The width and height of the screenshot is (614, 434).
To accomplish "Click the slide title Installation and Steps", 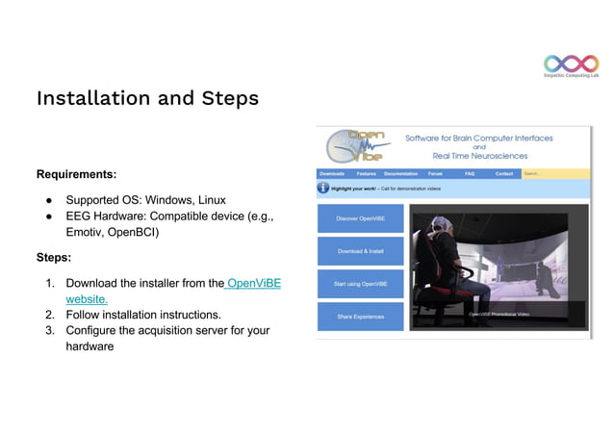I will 147,98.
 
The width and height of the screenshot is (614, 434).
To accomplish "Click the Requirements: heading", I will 77,174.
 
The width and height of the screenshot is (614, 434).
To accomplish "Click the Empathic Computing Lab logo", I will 571,66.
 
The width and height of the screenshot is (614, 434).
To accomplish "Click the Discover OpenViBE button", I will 361,218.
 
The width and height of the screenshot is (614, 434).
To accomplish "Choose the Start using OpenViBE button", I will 361,284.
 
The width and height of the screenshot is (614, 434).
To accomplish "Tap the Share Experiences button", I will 361,317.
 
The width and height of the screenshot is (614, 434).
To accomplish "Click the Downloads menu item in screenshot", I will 332,174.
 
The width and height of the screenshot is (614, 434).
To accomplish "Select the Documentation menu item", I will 400,174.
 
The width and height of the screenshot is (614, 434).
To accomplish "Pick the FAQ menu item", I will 470,174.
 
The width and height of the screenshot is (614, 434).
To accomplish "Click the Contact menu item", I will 504,174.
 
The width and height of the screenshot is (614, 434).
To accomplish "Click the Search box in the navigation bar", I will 553,174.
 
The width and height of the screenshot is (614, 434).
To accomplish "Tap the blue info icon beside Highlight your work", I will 323,188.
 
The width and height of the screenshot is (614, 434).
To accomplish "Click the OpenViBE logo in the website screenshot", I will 355,146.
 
